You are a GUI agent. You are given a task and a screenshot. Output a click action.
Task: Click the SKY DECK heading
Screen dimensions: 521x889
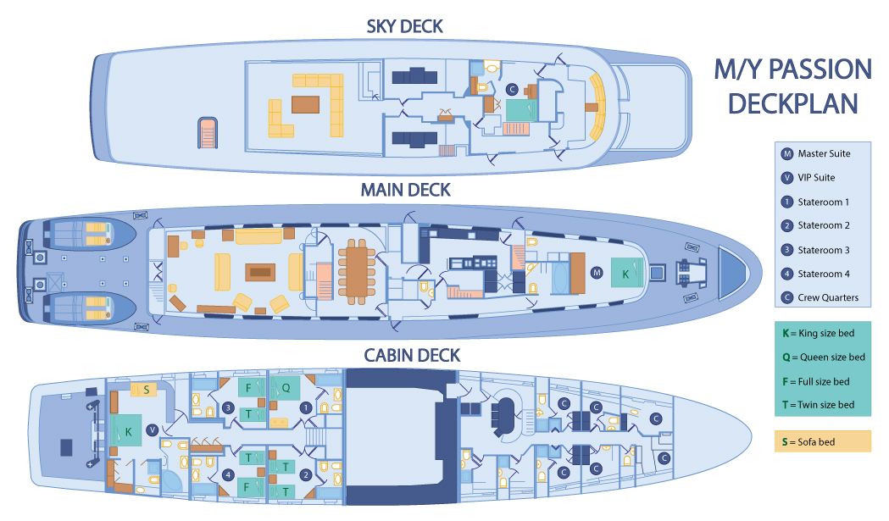[x=404, y=26]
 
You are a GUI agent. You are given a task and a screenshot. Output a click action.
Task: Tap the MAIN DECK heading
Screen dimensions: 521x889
[x=405, y=190]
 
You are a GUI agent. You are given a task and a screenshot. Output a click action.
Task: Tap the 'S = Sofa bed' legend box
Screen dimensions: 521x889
[x=822, y=441]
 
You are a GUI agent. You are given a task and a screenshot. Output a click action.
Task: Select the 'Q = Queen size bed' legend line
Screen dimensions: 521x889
[x=822, y=357]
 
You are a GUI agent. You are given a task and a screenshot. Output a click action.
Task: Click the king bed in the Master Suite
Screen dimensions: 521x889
[x=625, y=274]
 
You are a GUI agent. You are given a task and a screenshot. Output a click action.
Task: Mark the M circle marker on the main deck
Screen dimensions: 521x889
[x=597, y=273]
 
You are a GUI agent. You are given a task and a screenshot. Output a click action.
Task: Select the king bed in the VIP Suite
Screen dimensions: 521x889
[x=129, y=431]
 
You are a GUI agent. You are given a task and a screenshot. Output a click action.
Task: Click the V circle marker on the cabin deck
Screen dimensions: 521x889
[x=152, y=430]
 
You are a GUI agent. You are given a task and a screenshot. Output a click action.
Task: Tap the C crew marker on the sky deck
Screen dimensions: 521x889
[x=511, y=89]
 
